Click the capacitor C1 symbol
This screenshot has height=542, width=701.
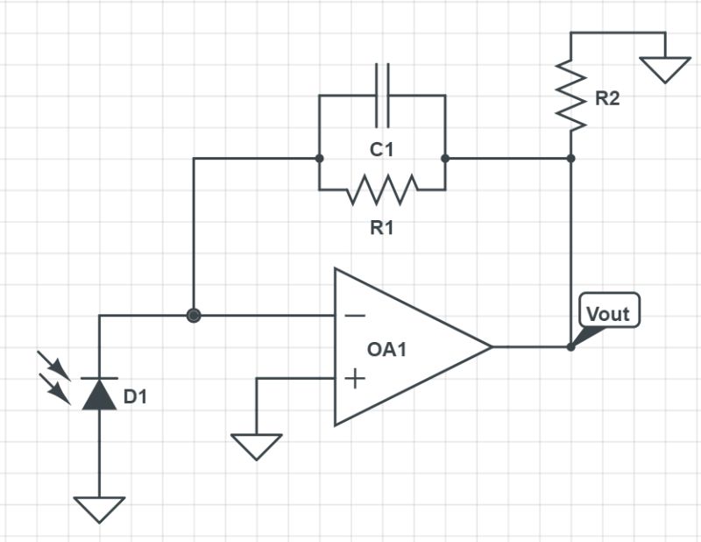pos(381,95)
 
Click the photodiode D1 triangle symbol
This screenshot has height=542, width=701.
pos(99,394)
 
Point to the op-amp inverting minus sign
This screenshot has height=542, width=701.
pos(354,315)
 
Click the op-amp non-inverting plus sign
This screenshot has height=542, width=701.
pos(354,379)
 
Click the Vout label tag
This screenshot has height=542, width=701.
pos(609,313)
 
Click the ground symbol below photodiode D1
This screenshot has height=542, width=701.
pos(99,509)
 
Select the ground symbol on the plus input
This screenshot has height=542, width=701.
pos(257,446)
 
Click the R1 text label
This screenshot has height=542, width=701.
pos(381,229)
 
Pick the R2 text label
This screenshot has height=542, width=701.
pos(607,98)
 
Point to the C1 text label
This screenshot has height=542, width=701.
pos(381,150)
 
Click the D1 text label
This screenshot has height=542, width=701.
pos(135,397)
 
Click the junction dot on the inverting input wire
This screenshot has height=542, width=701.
pos(193,315)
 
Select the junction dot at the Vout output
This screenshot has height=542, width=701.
pos(570,346)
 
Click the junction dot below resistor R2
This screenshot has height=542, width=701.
pos(571,159)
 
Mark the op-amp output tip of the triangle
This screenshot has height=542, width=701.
pos(490,346)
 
